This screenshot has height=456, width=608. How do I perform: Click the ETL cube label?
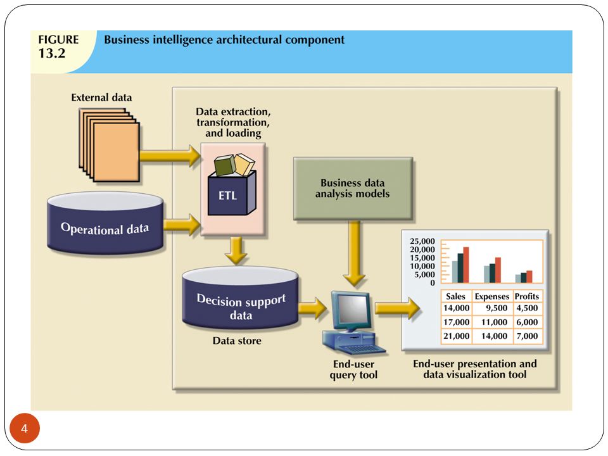(x=227, y=196)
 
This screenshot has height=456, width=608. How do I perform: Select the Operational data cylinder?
(x=105, y=224)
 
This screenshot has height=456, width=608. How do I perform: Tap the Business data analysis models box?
(x=353, y=189)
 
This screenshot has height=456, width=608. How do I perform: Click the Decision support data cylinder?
(x=241, y=298)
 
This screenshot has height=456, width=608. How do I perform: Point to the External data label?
(x=101, y=98)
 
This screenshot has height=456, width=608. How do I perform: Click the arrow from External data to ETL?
(x=170, y=156)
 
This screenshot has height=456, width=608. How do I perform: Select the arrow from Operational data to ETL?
(x=182, y=225)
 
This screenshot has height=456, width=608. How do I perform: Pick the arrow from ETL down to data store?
(x=236, y=251)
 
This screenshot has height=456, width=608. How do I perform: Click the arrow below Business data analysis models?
(x=354, y=253)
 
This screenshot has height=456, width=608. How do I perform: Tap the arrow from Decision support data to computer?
(x=313, y=308)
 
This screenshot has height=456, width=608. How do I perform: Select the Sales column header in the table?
(x=455, y=296)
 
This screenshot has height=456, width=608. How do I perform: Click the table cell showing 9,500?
(x=497, y=308)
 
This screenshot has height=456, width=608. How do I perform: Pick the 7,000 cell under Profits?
(x=527, y=336)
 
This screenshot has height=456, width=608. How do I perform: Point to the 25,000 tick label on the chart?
(x=422, y=241)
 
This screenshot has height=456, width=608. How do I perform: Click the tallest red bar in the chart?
(x=466, y=265)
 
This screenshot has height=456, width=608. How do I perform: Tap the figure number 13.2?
(x=51, y=53)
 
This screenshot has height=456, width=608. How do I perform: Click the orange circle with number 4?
(x=25, y=429)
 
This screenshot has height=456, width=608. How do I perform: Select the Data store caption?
(x=237, y=341)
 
